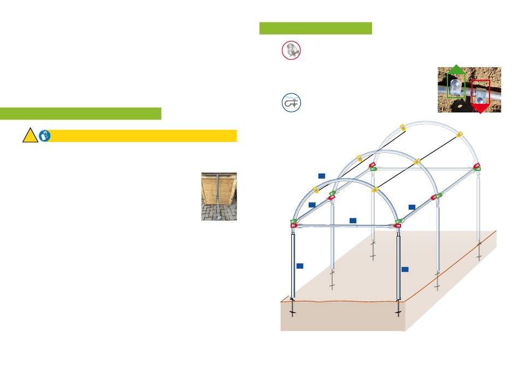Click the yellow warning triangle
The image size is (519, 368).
[30, 136]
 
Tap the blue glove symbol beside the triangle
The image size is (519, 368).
[45, 136]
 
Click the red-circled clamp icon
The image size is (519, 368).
[291, 50]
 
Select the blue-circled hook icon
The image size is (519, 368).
[292, 103]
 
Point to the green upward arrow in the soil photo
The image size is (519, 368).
[456, 71]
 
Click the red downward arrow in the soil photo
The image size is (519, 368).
[480, 108]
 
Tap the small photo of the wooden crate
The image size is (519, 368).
[219, 197]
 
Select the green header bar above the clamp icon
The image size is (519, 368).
[315, 28]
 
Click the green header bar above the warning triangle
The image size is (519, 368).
[80, 114]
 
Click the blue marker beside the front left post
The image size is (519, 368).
[299, 266]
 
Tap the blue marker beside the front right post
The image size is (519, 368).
[405, 269]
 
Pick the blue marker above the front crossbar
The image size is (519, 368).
[353, 221]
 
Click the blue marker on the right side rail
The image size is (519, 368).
[412, 207]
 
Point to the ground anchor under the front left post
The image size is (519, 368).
[293, 309]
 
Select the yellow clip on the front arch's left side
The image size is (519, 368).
[316, 190]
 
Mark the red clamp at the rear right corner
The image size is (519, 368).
[477, 165]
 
